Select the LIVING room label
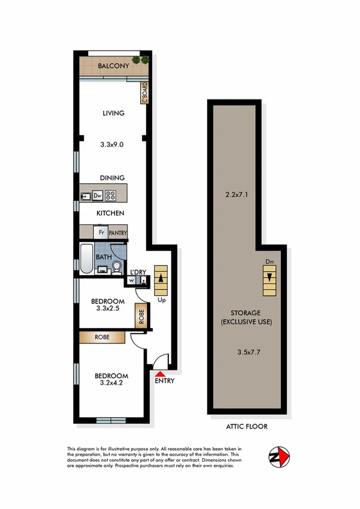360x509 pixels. [x=113, y=113]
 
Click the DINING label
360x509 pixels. [x=113, y=177]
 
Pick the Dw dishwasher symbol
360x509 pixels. [x=96, y=195]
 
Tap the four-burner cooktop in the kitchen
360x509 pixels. [x=111, y=195]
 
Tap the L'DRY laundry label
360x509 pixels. [x=138, y=272]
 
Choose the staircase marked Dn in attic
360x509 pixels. [x=270, y=278]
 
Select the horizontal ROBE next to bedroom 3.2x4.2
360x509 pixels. [x=102, y=338]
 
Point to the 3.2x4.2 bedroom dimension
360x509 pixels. [x=111, y=388]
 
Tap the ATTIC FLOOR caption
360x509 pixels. [x=247, y=427]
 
